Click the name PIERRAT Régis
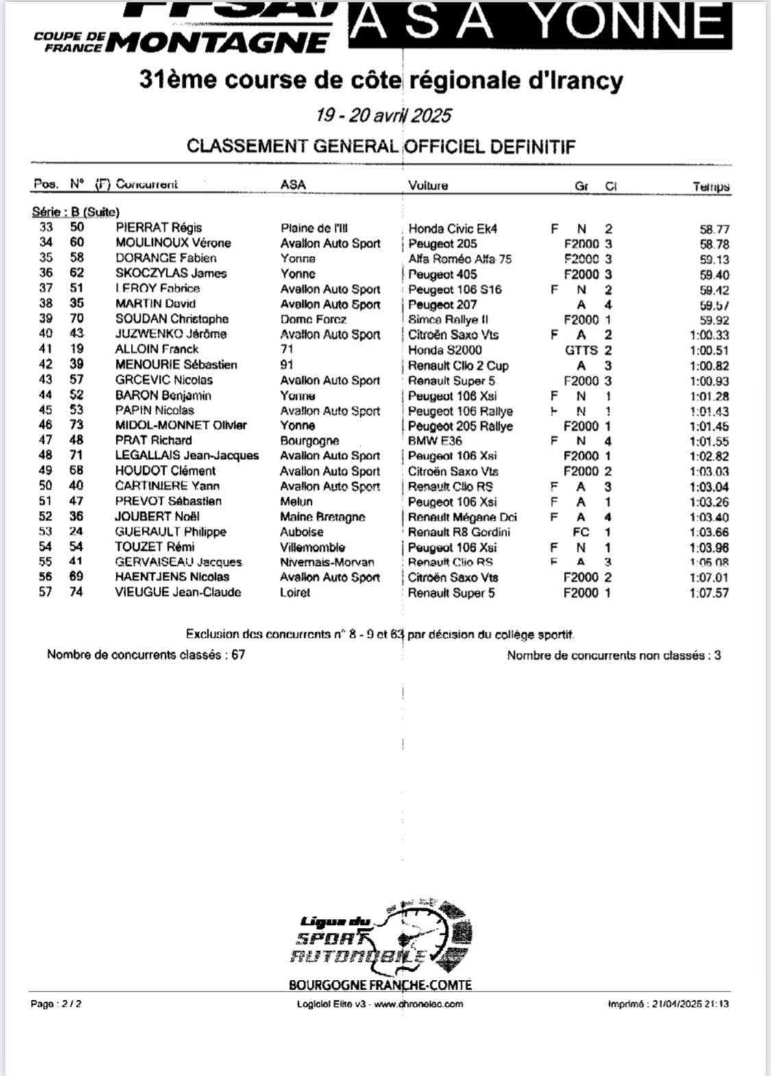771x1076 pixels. pyautogui.click(x=158, y=228)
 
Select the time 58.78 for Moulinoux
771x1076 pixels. pyautogui.click(x=714, y=244)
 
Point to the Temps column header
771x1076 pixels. pyautogui.click(x=711, y=187)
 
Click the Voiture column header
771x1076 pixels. pyautogui.click(x=428, y=185)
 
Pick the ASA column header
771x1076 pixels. pyautogui.click(x=293, y=184)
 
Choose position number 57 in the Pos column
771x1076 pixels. pyautogui.click(x=45, y=592)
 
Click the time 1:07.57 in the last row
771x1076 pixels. pyautogui.click(x=709, y=593)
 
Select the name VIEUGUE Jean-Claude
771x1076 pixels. pyautogui.click(x=178, y=592)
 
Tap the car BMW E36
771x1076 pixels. pyautogui.click(x=435, y=441)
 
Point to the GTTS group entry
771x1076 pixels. pyautogui.click(x=581, y=350)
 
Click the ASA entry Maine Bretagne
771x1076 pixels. pyautogui.click(x=322, y=517)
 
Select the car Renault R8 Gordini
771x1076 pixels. pyautogui.click(x=458, y=532)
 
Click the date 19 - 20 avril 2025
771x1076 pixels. pyautogui.click(x=383, y=115)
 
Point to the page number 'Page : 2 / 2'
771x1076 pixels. pyautogui.click(x=56, y=1004)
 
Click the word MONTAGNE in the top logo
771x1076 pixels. pyautogui.click(x=218, y=43)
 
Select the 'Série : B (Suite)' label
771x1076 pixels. pyautogui.click(x=75, y=212)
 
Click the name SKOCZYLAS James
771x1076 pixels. pyautogui.click(x=171, y=273)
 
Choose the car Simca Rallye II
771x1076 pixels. pyautogui.click(x=448, y=320)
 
